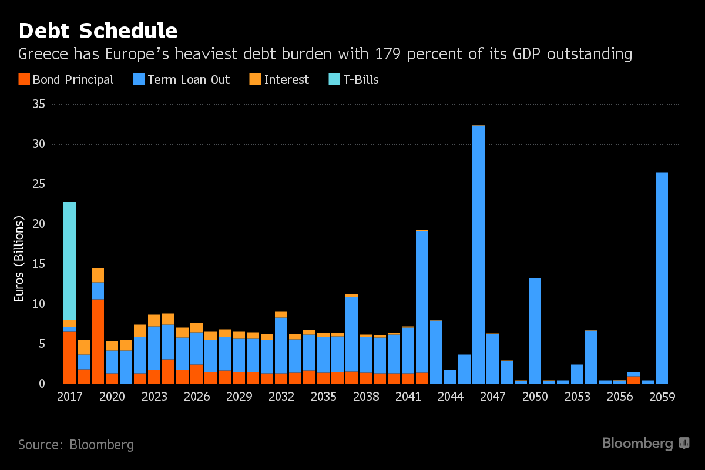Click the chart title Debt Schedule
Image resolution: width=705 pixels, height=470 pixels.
[x=98, y=31]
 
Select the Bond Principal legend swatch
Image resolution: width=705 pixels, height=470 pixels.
[x=23, y=79]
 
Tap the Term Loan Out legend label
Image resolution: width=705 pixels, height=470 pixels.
[x=189, y=80]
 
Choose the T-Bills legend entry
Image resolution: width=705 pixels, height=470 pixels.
[x=354, y=80]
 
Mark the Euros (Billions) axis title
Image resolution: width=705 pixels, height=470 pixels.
[x=19, y=259]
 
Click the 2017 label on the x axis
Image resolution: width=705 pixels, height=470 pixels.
[x=69, y=397]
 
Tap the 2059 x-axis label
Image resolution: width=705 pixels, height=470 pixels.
[x=662, y=397]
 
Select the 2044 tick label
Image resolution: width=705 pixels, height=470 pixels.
[x=450, y=397]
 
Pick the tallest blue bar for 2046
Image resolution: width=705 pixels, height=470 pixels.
[x=478, y=253]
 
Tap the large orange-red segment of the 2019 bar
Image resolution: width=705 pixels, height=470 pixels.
[x=98, y=341]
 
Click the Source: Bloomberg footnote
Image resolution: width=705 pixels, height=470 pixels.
[x=76, y=445]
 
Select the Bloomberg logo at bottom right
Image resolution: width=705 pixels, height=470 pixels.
[x=646, y=444]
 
